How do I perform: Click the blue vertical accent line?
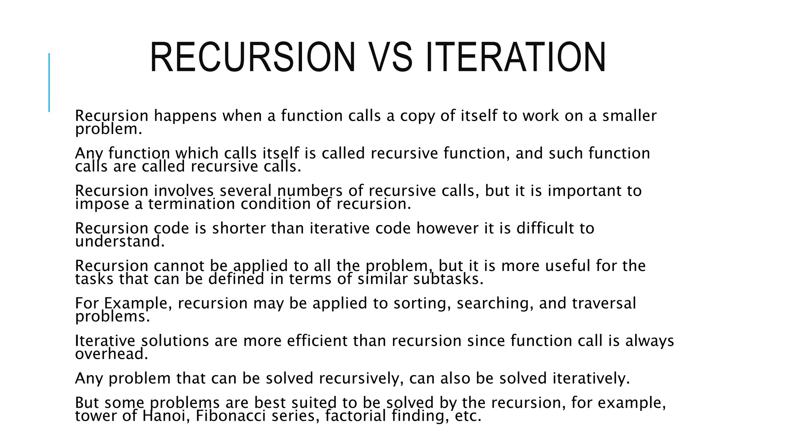[x=49, y=82]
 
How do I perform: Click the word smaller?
[x=629, y=116]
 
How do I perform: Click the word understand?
[x=120, y=242]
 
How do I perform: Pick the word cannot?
[x=179, y=266]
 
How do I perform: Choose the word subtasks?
[x=448, y=279]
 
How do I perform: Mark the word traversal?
[x=604, y=304]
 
